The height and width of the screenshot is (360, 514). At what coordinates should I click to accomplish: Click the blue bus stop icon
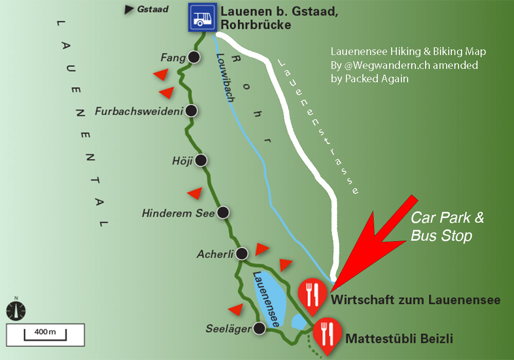(x=201, y=17)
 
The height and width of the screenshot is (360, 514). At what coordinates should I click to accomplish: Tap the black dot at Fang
(x=194, y=58)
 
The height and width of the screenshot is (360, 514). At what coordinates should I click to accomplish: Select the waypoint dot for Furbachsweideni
(x=192, y=111)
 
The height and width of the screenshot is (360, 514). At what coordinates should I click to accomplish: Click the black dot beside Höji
(x=201, y=160)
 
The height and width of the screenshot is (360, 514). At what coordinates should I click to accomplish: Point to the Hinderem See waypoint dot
(x=223, y=212)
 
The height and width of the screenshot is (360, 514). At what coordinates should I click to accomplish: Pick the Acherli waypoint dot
(x=242, y=253)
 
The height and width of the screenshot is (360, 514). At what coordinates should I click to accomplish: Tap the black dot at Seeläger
(x=260, y=328)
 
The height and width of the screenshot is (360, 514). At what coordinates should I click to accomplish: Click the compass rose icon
(x=16, y=310)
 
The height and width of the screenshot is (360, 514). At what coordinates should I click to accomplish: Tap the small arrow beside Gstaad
(x=130, y=9)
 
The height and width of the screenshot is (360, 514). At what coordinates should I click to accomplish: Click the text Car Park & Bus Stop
(x=447, y=226)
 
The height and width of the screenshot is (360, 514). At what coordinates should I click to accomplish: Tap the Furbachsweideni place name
(x=139, y=111)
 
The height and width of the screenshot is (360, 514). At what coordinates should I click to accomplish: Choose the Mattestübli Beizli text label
(x=399, y=339)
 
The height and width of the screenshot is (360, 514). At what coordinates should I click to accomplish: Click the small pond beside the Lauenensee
(x=298, y=322)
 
